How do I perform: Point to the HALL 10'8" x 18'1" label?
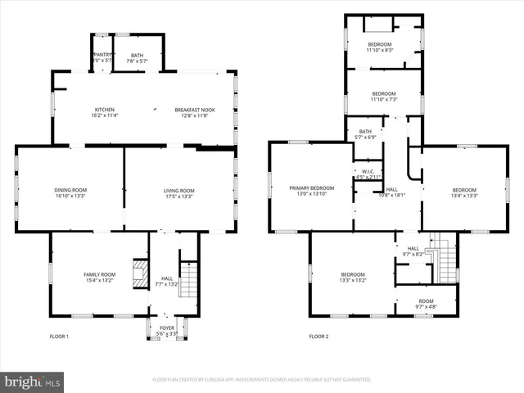[391, 192]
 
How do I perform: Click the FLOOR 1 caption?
[59, 337]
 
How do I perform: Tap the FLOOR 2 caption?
[318, 337]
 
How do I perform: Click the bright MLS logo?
[33, 382]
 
